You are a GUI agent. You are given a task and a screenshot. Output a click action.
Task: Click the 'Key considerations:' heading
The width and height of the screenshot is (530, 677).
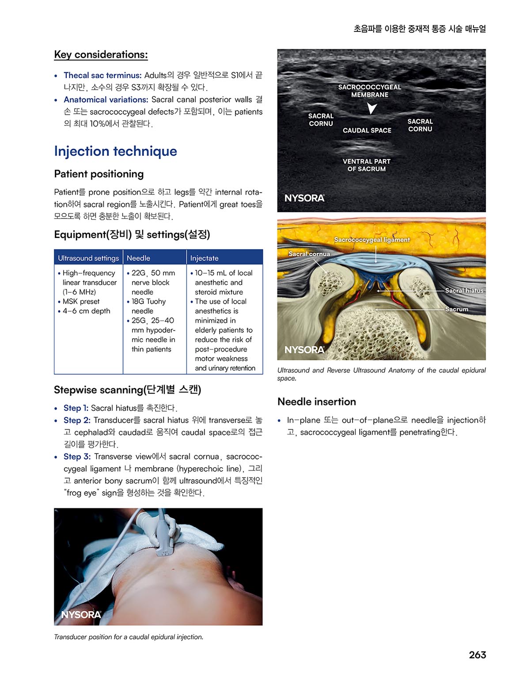tap(101, 55)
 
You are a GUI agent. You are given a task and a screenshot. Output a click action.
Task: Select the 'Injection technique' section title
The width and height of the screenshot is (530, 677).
tap(115, 151)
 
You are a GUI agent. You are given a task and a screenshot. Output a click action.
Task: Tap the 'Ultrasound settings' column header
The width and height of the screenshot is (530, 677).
tap(88, 258)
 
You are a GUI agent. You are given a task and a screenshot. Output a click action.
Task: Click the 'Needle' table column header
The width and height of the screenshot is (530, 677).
tap(138, 258)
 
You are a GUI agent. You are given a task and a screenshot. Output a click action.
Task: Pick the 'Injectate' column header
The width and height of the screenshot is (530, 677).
tap(204, 258)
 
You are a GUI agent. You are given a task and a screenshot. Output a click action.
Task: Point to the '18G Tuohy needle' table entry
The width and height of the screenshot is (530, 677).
tap(148, 306)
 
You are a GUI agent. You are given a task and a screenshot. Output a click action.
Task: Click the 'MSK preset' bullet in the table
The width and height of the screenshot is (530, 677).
tap(81, 301)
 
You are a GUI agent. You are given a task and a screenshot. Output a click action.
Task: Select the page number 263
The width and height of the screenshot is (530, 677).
tap(477, 654)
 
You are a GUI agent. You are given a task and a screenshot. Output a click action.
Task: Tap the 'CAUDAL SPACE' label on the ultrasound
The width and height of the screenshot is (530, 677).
tap(367, 130)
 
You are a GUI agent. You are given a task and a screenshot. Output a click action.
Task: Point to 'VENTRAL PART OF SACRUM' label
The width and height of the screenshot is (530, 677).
tap(367, 165)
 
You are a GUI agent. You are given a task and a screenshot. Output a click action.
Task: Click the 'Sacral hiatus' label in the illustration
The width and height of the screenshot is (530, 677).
tap(464, 291)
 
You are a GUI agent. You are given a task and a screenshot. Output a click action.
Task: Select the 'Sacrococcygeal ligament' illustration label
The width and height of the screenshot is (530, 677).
tap(372, 240)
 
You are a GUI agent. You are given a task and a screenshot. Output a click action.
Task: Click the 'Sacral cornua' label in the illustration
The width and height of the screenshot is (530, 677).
tap(309, 254)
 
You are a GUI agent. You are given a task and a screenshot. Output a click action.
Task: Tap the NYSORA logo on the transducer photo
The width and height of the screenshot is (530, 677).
tap(81, 614)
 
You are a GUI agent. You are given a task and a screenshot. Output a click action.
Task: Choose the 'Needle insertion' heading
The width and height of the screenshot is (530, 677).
tap(317, 401)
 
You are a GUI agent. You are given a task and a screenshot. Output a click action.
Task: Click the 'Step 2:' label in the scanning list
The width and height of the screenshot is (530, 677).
tap(77, 420)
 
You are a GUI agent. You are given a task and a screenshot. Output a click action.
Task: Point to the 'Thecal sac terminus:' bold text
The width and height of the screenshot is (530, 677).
tap(102, 75)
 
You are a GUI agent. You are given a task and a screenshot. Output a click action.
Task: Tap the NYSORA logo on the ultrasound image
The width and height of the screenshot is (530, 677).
tap(304, 198)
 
